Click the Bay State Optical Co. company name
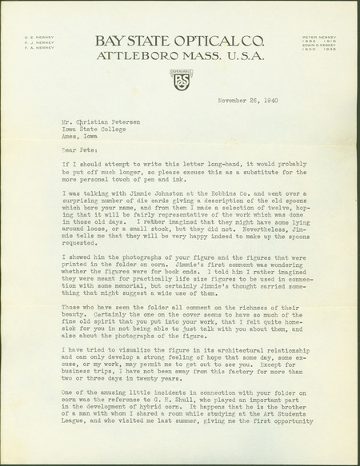[x=179, y=41]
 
